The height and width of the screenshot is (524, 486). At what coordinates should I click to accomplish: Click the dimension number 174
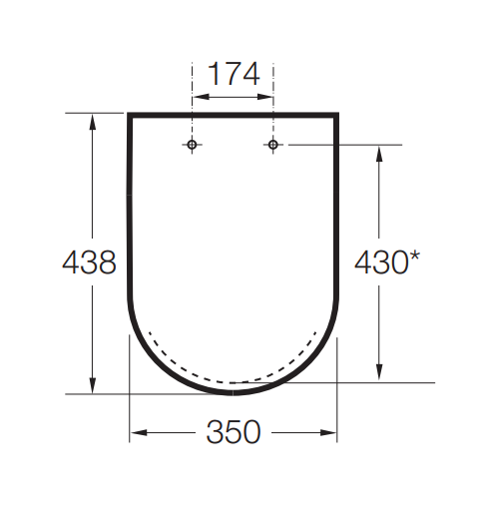pos(234,74)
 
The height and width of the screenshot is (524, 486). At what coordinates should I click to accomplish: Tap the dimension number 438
pos(89,262)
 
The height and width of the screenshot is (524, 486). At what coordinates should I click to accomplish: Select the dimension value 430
pos(381,262)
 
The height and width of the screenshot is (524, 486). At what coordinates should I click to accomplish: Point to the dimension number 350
pos(234,432)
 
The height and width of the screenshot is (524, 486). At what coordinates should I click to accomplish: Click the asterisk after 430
pos(414,257)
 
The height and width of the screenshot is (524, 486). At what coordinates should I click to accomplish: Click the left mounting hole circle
pos(192,145)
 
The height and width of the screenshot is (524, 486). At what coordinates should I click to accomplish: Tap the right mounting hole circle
pos(273,145)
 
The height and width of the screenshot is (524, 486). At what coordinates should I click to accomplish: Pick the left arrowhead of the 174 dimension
pos(201,97)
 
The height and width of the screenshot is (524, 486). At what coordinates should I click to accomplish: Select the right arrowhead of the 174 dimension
pos(265,97)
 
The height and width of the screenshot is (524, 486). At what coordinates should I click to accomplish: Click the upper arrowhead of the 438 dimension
pos(93,122)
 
